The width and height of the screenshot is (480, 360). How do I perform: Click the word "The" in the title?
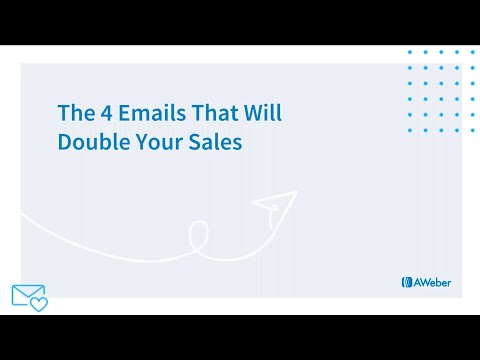pos(74,113)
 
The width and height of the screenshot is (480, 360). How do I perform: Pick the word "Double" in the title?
pos(87,142)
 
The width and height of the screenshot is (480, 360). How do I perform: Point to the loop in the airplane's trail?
pos(198,237)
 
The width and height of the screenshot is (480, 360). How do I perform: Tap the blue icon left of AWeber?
pos(406,282)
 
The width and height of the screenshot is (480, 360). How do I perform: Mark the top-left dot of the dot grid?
pos(410,52)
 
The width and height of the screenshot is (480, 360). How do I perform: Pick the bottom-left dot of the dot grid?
pos(410,131)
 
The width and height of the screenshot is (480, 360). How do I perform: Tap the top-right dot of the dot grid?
pos(473,52)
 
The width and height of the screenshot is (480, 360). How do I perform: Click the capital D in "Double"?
pos(63,142)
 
